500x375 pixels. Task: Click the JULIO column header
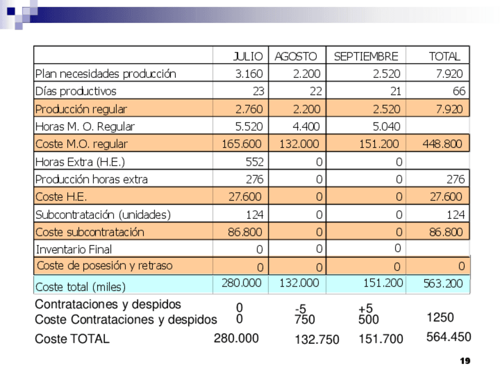248,57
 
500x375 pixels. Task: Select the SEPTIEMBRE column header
366,57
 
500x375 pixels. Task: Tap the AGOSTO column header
295,57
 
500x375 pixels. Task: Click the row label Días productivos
76,91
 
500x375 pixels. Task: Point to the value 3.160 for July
249,74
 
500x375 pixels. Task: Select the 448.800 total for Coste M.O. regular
442,144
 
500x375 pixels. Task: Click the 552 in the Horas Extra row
254,162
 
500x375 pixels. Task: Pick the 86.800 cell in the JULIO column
245,232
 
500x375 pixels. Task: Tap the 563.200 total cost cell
443,284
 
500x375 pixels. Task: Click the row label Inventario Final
74,249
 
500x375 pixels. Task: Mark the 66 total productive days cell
459,91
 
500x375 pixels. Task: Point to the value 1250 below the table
440,318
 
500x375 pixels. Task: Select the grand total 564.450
448,337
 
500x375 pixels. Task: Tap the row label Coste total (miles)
80,287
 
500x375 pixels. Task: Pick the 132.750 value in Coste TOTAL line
317,339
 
